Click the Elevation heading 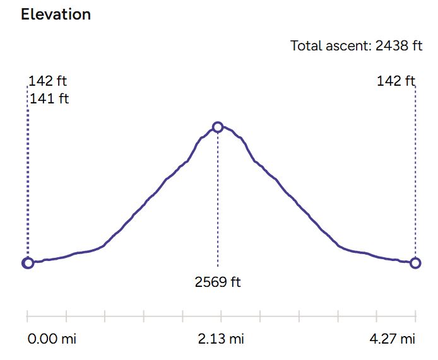coord(56,15)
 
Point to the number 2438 coord(390,46)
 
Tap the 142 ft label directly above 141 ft coord(48,81)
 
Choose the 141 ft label coord(49,98)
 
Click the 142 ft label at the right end coord(396,81)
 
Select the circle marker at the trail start coord(28,263)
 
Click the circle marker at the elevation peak coord(218,127)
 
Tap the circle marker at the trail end coord(415,263)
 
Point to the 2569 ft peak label coord(218,282)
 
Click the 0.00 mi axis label coord(52,339)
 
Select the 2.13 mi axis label coord(220,339)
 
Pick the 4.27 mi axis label coord(392,339)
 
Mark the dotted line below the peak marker coord(218,202)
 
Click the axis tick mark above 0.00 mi coord(28,315)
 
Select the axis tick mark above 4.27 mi coord(415,315)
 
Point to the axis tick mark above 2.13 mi coord(222,315)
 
